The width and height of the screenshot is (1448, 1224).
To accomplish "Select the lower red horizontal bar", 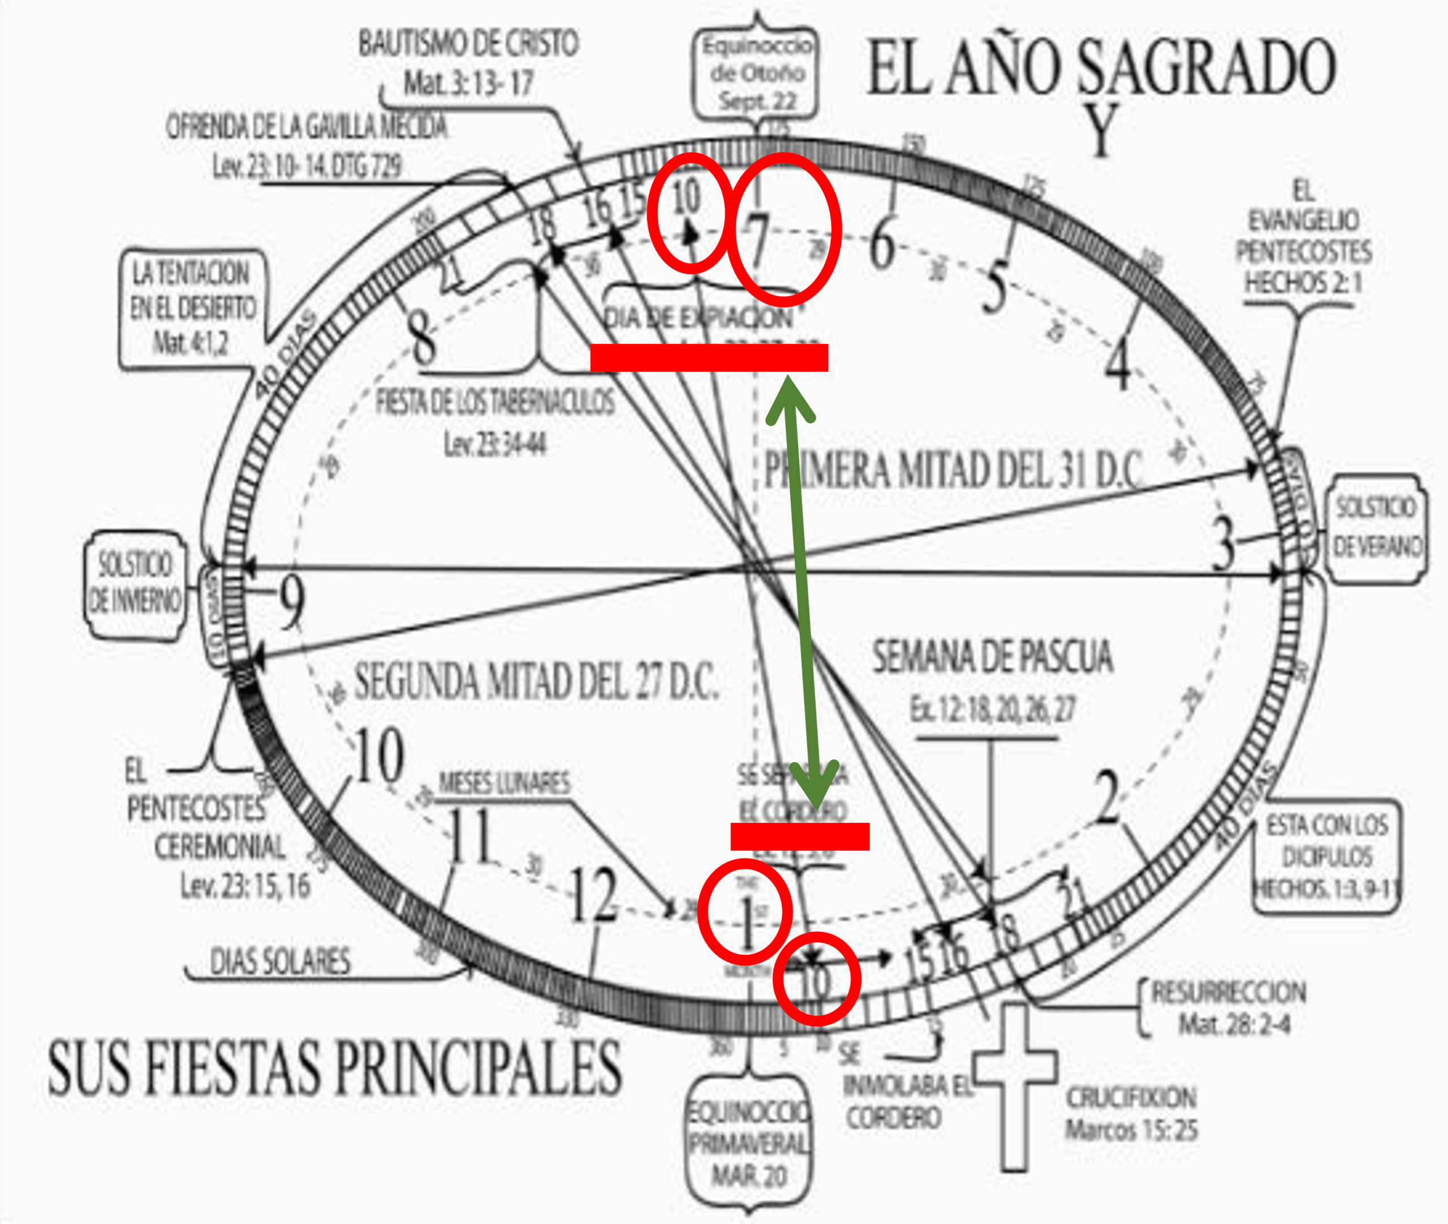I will pos(799,836).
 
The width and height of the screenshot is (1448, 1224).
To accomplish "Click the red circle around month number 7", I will pos(784,229).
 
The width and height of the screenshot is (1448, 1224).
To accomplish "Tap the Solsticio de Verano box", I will pos(1375,527).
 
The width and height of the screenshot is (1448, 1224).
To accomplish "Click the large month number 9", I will pos(291,604).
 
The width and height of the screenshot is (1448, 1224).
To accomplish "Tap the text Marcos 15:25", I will pos(1131,1130).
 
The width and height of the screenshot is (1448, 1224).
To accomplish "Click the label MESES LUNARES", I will pos(505,783).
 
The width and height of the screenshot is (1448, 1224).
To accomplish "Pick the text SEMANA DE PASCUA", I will pos(992,658).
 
